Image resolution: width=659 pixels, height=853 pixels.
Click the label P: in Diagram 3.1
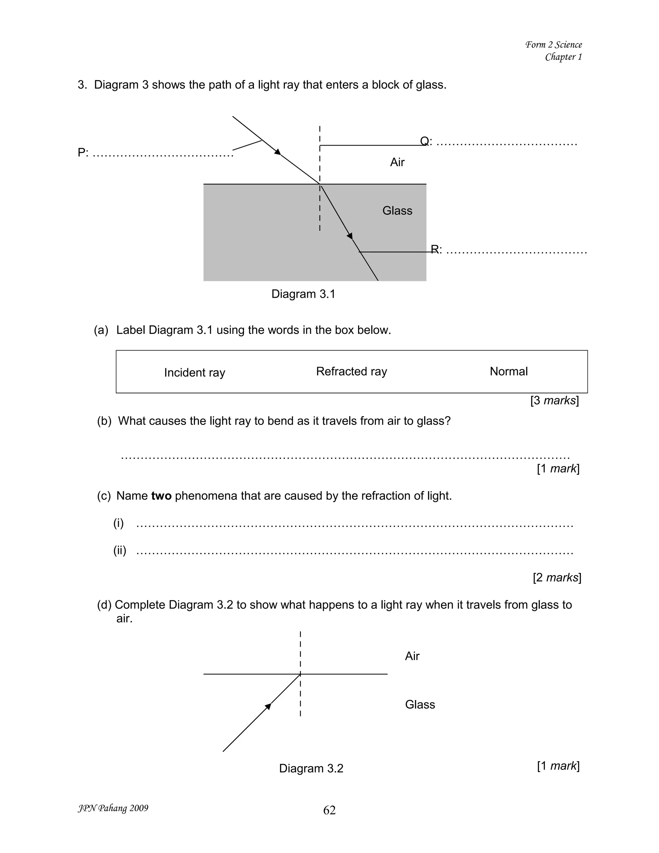[x=83, y=153]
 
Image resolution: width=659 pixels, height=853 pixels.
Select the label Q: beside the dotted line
[x=426, y=141]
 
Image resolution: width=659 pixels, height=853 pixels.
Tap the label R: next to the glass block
[x=436, y=249]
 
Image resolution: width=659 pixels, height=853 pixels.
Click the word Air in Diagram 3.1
[x=397, y=162]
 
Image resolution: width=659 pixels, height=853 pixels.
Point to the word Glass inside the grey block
[x=397, y=211]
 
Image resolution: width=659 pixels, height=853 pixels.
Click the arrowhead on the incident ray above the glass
[x=278, y=152]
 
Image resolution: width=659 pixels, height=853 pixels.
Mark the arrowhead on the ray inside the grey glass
[x=350, y=236]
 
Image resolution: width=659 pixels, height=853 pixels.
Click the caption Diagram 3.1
[x=303, y=294]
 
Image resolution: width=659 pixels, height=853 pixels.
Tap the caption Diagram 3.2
[x=311, y=768]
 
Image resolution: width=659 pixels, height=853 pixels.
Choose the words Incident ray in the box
[x=194, y=373]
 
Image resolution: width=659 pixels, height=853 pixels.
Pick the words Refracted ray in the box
[x=351, y=371]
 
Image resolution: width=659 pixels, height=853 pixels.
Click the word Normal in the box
[x=508, y=371]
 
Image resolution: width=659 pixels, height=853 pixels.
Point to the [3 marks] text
[x=554, y=400]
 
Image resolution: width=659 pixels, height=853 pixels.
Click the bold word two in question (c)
[x=161, y=496]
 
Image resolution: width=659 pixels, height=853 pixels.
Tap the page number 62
[x=329, y=810]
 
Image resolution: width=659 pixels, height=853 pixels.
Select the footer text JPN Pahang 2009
[x=113, y=808]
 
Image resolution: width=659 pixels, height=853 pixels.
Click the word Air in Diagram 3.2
[x=412, y=656]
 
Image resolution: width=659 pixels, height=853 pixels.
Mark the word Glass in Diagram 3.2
[x=420, y=704]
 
